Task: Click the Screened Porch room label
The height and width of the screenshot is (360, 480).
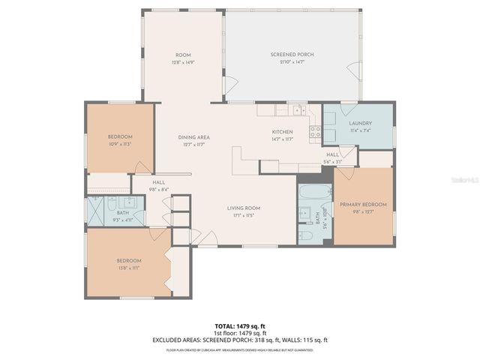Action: tap(292, 55)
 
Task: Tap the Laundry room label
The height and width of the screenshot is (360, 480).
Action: tap(360, 123)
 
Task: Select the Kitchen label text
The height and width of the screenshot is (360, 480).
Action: tap(282, 132)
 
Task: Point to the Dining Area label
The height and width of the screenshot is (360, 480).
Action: tap(193, 137)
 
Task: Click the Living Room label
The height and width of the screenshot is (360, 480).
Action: tap(244, 208)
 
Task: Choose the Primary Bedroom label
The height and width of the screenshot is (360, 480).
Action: tap(363, 205)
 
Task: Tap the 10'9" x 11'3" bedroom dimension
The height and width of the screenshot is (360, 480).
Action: tap(120, 143)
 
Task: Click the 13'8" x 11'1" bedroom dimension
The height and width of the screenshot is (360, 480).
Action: tap(129, 267)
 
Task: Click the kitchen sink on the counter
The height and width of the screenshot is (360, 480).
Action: tap(298, 110)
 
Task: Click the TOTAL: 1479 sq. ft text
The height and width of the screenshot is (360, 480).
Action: tap(239, 326)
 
